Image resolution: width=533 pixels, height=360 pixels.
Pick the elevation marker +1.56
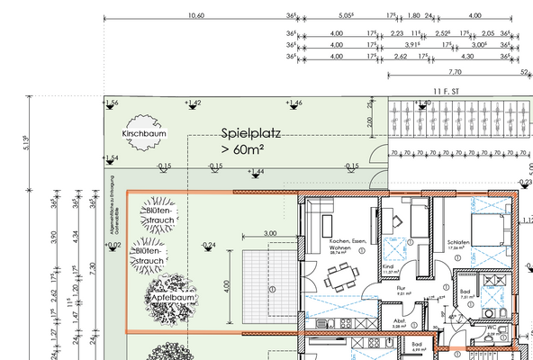coord(112,103)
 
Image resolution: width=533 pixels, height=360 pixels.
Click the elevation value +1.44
coord(256,171)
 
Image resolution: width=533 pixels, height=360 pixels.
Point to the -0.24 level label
coord(208,245)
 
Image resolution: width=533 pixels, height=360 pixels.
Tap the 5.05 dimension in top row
coord(346,15)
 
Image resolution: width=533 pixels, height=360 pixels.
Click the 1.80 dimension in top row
coord(412,15)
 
